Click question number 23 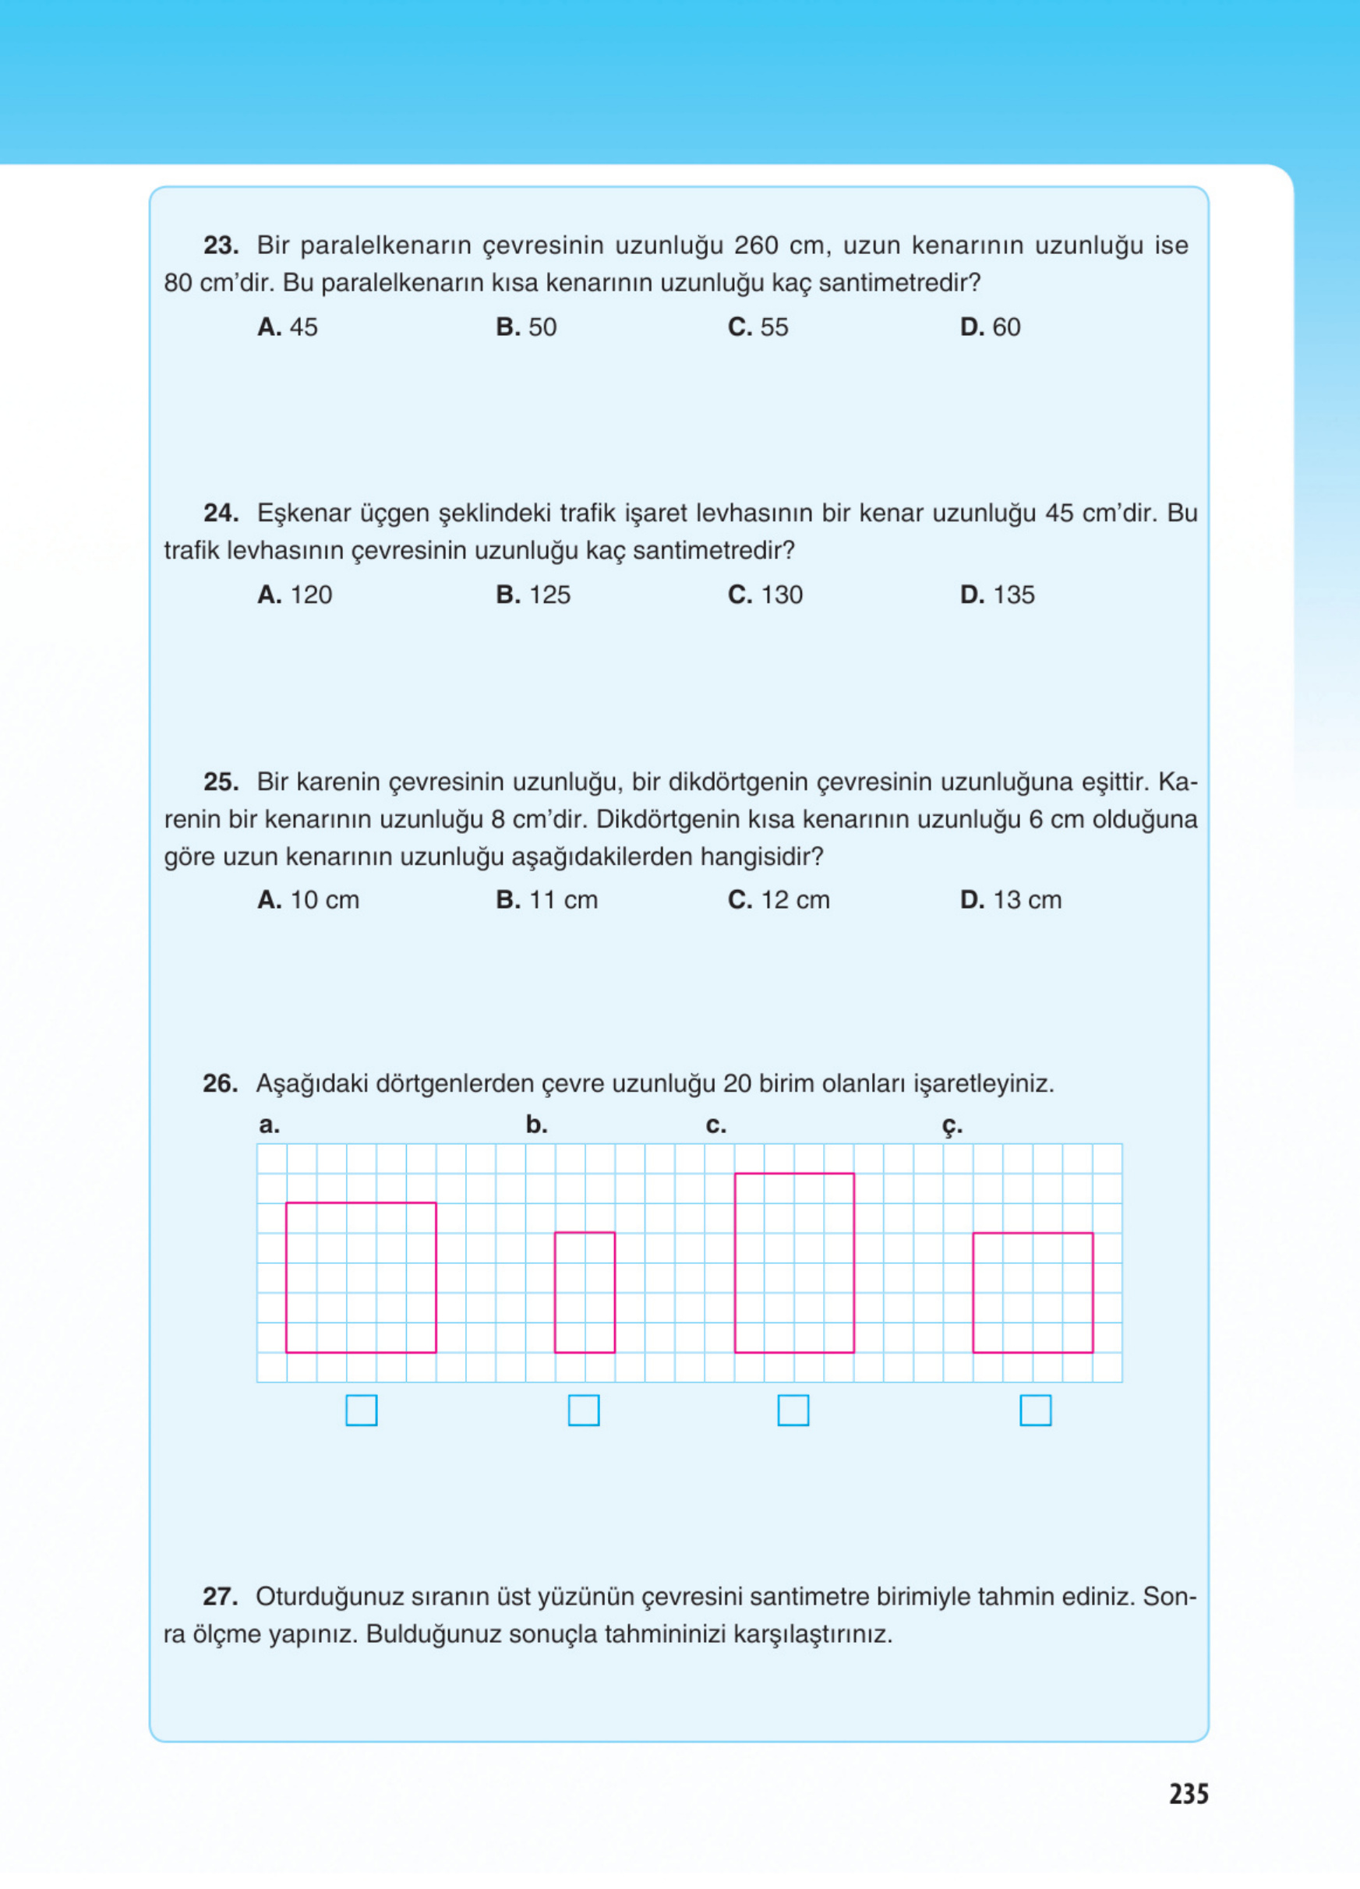coord(221,245)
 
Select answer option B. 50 coord(525,327)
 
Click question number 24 coord(221,513)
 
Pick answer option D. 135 coord(997,595)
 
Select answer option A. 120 coord(294,595)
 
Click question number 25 coord(221,782)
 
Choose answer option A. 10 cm coord(307,899)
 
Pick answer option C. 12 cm coord(778,899)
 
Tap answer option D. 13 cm coord(1010,899)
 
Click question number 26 coord(220,1083)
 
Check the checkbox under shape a coord(361,1410)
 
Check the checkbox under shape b coord(583,1410)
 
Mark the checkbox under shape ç coord(1035,1410)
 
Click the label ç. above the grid coord(952,1126)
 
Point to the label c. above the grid coord(715,1125)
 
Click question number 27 coord(220,1597)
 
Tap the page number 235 coord(1189,1793)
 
